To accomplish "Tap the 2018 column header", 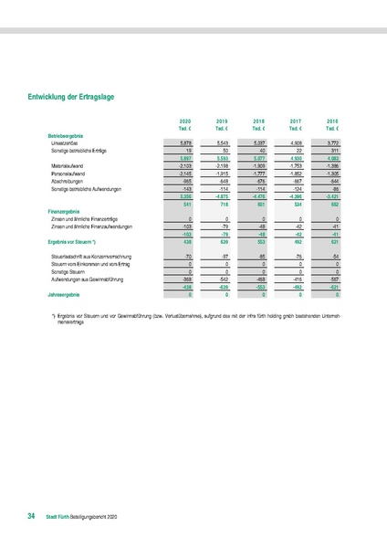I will tap(259, 121).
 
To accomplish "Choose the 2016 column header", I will tap(332, 121).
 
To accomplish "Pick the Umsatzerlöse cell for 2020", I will tap(185, 142).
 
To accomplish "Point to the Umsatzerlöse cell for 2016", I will tap(332, 142).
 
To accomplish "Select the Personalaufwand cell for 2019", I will tap(223, 174).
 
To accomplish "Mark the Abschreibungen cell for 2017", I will tap(296, 181).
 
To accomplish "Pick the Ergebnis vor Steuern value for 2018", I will tap(260, 242).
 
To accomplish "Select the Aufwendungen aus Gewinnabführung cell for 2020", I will tap(185, 280).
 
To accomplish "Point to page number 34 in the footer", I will tap(31, 517).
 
